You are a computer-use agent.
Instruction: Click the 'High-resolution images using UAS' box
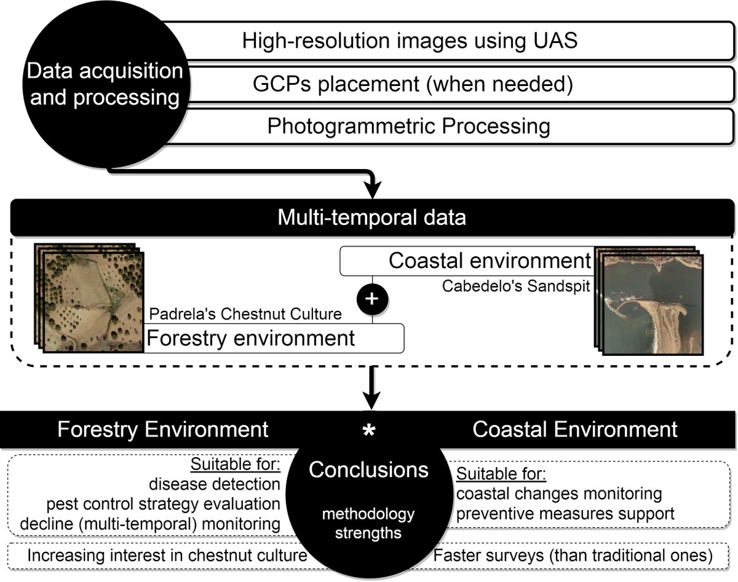[x=410, y=41]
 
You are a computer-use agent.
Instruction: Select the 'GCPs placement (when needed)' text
[x=413, y=84]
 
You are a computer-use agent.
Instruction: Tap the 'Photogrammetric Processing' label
[x=408, y=126]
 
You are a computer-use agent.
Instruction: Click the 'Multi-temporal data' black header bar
[x=371, y=218]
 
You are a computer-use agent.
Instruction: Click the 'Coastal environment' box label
[x=489, y=261]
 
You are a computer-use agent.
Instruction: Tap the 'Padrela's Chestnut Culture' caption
[x=245, y=314]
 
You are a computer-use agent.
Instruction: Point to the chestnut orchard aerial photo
[x=92, y=300]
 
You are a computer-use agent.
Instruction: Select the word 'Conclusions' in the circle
[x=368, y=470]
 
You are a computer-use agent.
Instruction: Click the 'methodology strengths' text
[x=369, y=523]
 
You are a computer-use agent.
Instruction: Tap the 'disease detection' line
[x=214, y=484]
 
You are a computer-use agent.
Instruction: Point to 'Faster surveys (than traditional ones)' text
[x=573, y=557]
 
